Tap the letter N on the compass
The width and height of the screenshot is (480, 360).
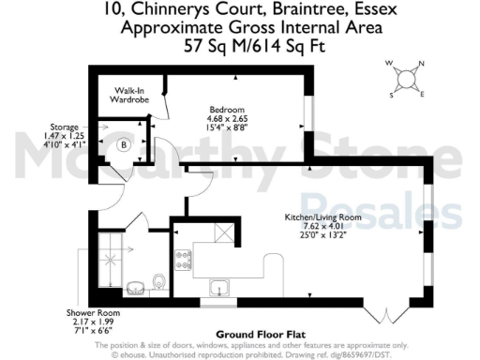[x=419, y=64]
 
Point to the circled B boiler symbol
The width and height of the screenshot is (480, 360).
[x=123, y=145]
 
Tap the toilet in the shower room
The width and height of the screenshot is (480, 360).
[x=160, y=280]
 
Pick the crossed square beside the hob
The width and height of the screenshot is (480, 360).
[x=223, y=234]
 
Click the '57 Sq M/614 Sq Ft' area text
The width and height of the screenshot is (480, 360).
[x=240, y=44]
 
